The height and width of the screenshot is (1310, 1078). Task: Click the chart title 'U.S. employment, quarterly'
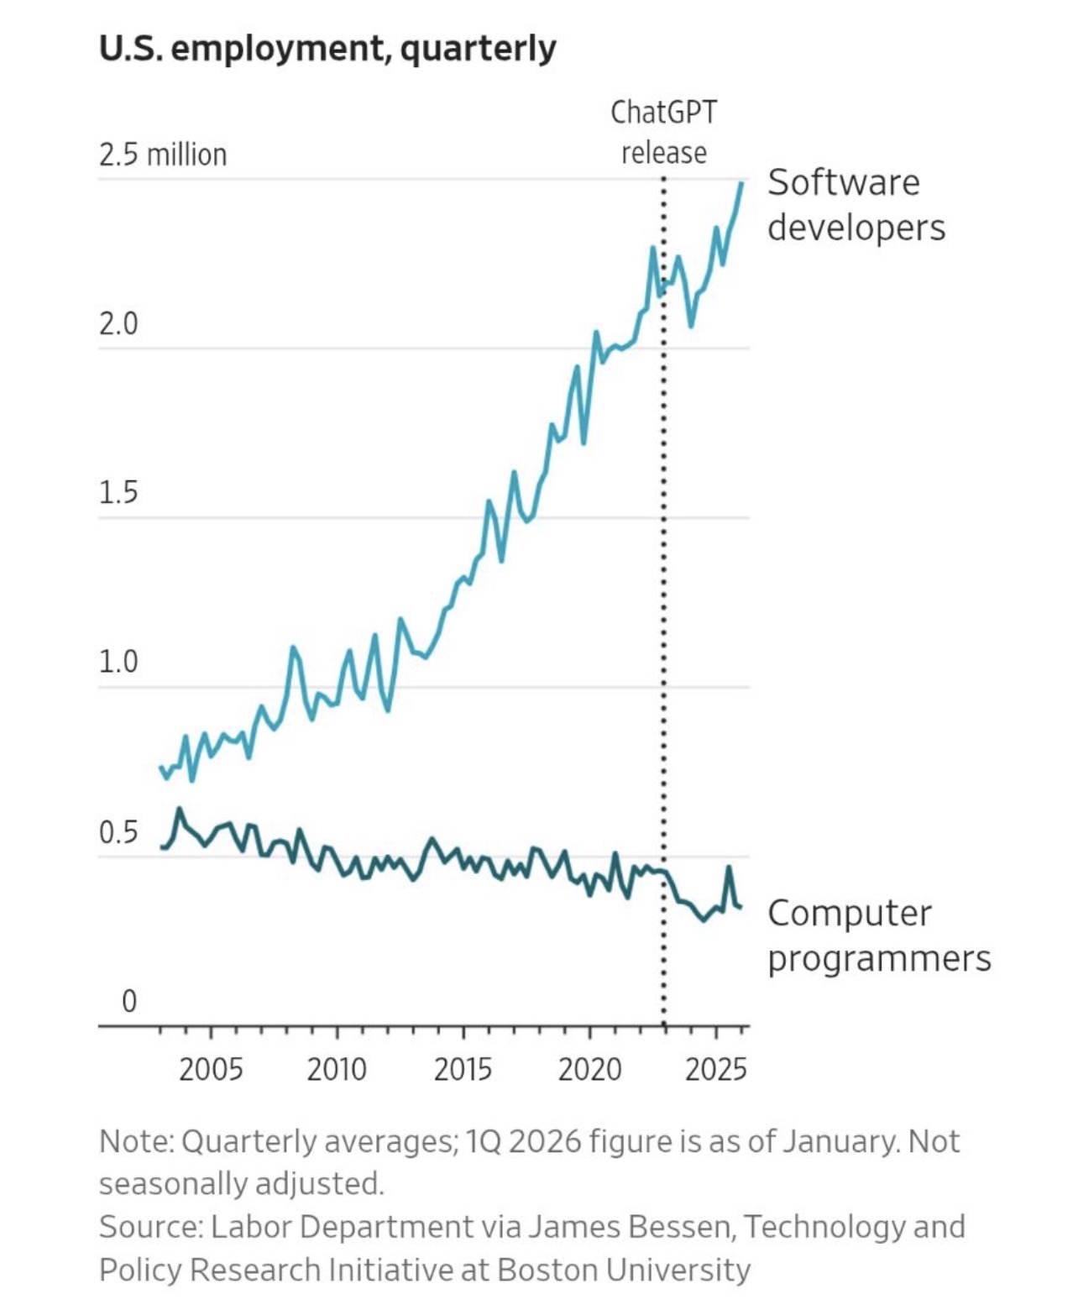(x=327, y=49)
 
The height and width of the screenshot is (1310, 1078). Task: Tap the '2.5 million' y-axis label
(x=163, y=155)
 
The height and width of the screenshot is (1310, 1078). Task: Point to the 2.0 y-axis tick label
(x=118, y=324)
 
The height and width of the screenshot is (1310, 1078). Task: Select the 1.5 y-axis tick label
(x=118, y=493)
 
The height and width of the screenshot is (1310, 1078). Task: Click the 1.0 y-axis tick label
(x=118, y=663)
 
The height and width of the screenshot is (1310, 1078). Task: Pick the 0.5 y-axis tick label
(x=118, y=832)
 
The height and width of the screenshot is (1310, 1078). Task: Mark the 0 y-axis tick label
(x=129, y=1001)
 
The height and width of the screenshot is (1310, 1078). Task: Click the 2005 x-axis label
(x=211, y=1070)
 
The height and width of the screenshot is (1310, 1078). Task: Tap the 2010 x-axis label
(x=337, y=1070)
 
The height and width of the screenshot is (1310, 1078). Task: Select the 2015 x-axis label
(x=463, y=1070)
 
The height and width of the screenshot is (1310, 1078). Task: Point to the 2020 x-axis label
(x=589, y=1070)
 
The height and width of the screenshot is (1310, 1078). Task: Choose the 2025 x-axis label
(x=716, y=1070)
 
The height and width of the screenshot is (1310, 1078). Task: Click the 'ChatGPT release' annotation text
(x=663, y=133)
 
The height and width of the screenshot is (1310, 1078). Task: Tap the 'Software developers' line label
(x=856, y=205)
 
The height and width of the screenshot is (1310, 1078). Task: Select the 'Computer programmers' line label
(x=878, y=935)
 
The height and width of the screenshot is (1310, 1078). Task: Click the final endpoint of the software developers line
(x=741, y=183)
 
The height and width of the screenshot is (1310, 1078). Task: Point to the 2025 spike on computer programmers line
(x=729, y=867)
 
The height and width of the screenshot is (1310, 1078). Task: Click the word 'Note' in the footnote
(x=134, y=1142)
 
